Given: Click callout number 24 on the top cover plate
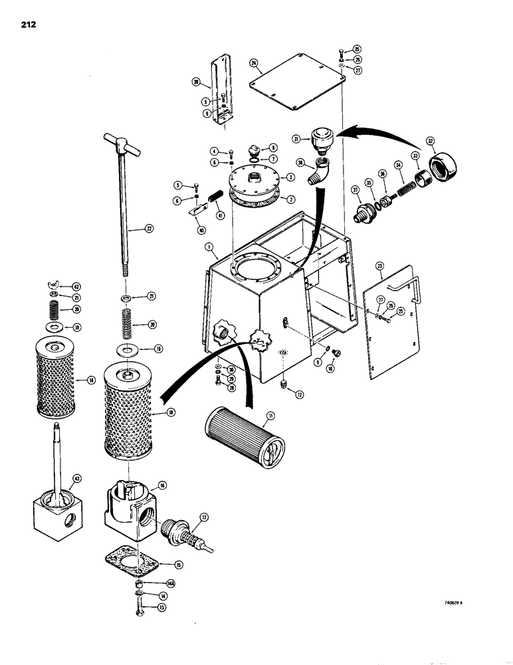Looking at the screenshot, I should pos(254,63).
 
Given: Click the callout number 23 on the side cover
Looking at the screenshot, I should pos(380,268).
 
